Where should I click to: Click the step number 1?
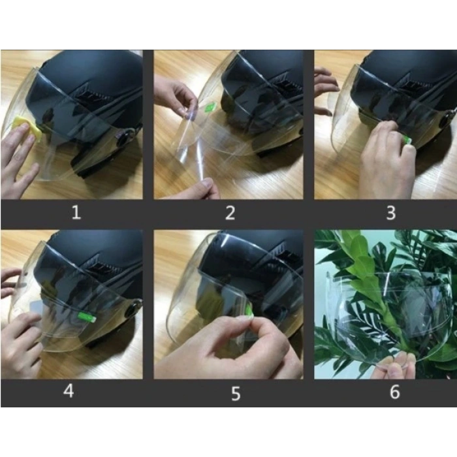click(76, 212)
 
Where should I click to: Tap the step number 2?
click(230, 213)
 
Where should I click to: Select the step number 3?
click(391, 213)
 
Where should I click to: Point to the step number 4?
click(69, 391)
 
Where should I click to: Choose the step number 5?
click(236, 394)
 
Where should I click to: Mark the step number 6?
click(395, 392)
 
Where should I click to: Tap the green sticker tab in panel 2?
click(210, 107)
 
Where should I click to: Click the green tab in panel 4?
click(87, 317)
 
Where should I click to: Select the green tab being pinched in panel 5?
click(249, 309)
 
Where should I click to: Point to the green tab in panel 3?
click(407, 140)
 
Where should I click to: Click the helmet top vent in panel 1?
click(93, 94)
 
